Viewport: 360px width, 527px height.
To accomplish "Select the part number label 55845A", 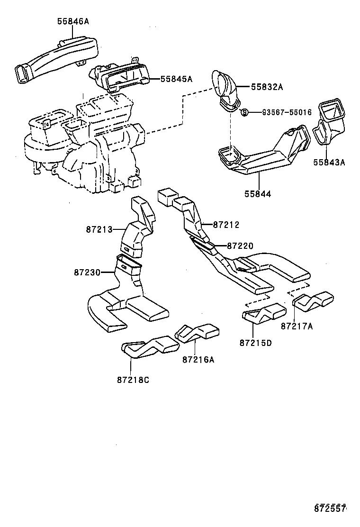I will (x=176, y=79).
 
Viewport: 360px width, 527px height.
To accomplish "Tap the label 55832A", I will (x=267, y=87).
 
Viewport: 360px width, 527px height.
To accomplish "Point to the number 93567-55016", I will (x=287, y=112).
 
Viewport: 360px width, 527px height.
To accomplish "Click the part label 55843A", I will (x=329, y=163).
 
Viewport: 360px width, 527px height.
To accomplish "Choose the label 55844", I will (x=258, y=194).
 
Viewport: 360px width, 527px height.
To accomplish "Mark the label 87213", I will (x=99, y=230).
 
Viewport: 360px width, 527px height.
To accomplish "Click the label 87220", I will (x=240, y=246).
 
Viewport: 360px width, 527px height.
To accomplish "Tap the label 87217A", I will (x=297, y=326).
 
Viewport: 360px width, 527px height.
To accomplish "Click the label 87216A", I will (x=198, y=359).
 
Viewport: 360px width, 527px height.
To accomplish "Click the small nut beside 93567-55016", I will (x=244, y=112).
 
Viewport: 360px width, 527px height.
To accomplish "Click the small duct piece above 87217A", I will (x=314, y=300).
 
